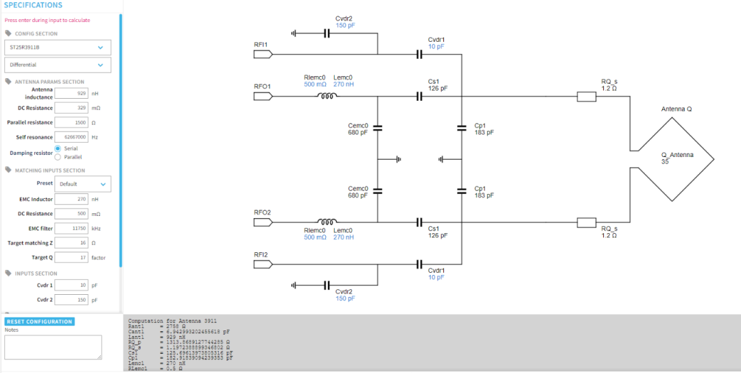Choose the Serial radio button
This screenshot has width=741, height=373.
[58, 149]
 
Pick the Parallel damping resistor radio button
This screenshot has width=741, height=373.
[58, 157]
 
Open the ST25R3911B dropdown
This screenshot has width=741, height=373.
[57, 47]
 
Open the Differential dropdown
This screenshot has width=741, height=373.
[57, 64]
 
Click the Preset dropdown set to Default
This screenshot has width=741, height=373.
[82, 184]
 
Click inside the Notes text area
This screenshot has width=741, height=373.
[53, 347]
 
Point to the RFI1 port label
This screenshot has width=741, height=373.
[261, 45]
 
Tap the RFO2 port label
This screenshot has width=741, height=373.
[262, 213]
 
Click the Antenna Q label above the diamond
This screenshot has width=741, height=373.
[676, 109]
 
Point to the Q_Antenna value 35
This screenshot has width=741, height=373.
[665, 163]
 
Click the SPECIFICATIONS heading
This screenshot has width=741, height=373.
[33, 5]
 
